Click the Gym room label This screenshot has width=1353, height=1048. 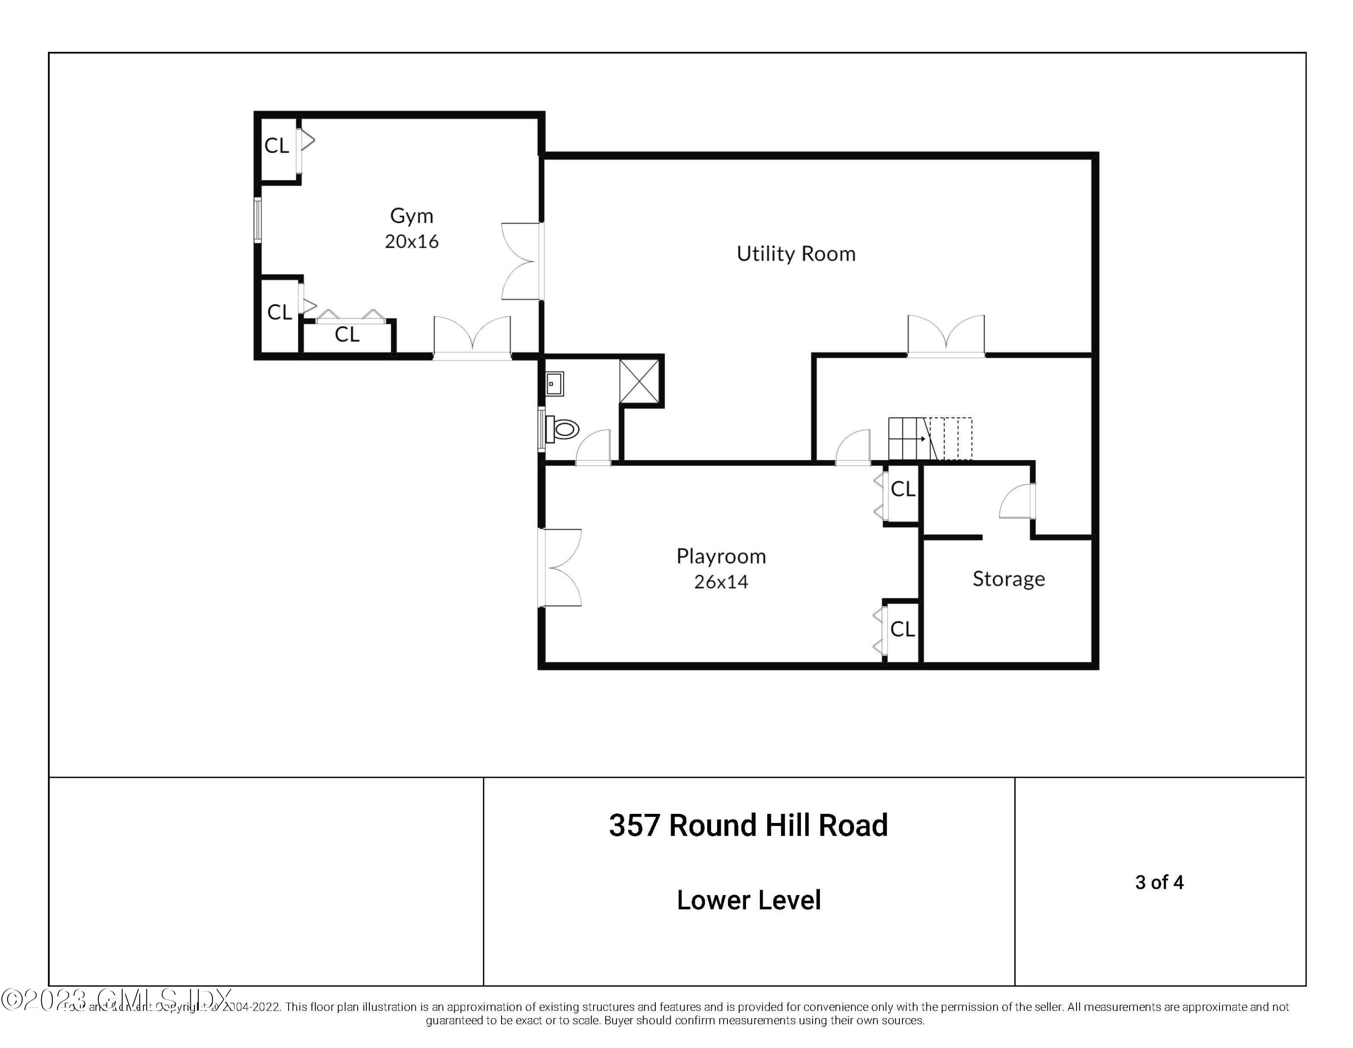(x=411, y=216)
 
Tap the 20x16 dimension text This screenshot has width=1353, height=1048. (x=411, y=241)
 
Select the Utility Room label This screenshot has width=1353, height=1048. (x=796, y=254)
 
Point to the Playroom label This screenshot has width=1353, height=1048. (x=721, y=556)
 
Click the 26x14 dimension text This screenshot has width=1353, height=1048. (x=721, y=582)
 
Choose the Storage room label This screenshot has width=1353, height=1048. (x=1008, y=578)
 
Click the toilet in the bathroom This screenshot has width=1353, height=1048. (x=564, y=429)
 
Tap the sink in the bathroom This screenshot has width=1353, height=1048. (x=554, y=383)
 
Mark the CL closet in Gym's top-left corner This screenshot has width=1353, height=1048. (x=277, y=146)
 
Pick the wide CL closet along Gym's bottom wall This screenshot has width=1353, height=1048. (x=347, y=335)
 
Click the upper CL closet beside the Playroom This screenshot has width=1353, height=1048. (x=902, y=489)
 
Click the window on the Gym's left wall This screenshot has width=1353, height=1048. (x=258, y=219)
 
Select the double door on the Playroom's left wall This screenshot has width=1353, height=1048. (x=561, y=567)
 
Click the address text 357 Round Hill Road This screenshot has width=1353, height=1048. (x=748, y=826)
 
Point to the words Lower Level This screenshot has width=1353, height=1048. (x=748, y=900)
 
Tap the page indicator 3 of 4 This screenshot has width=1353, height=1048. (x=1159, y=882)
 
